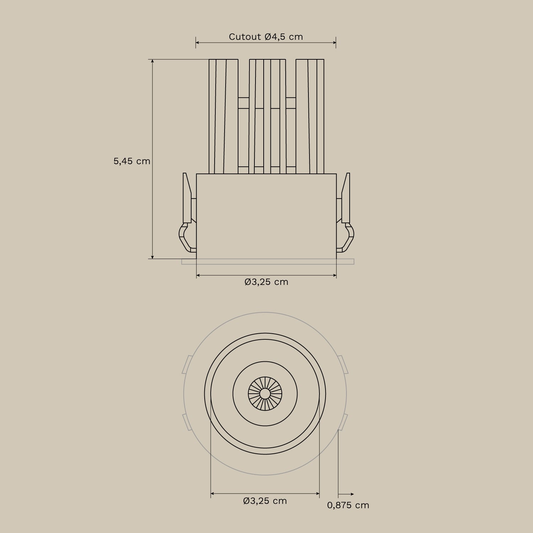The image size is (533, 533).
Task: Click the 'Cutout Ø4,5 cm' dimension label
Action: tap(266, 37)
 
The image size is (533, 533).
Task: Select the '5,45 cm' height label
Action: tap(132, 161)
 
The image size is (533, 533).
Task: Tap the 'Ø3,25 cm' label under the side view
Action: tap(266, 282)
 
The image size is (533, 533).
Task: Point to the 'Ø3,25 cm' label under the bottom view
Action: tap(265, 501)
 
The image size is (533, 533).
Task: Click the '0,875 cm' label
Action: tap(348, 505)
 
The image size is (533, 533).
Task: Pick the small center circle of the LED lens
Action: tap(265, 393)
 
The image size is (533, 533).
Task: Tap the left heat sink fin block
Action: tap(223, 116)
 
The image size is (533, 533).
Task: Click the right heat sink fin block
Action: tap(310, 116)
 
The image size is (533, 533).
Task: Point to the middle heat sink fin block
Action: tap(267, 116)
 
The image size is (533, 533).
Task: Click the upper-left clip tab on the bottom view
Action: tap(187, 364)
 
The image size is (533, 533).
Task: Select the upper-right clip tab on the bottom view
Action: tap(343, 364)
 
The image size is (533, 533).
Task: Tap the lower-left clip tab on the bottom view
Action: tap(187, 422)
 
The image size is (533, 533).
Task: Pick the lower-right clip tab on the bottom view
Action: tap(343, 422)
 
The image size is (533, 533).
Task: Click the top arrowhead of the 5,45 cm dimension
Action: tap(153, 61)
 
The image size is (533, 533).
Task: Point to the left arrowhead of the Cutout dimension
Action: tap(198, 43)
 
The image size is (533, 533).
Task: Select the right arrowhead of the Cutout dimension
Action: tap(334, 43)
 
